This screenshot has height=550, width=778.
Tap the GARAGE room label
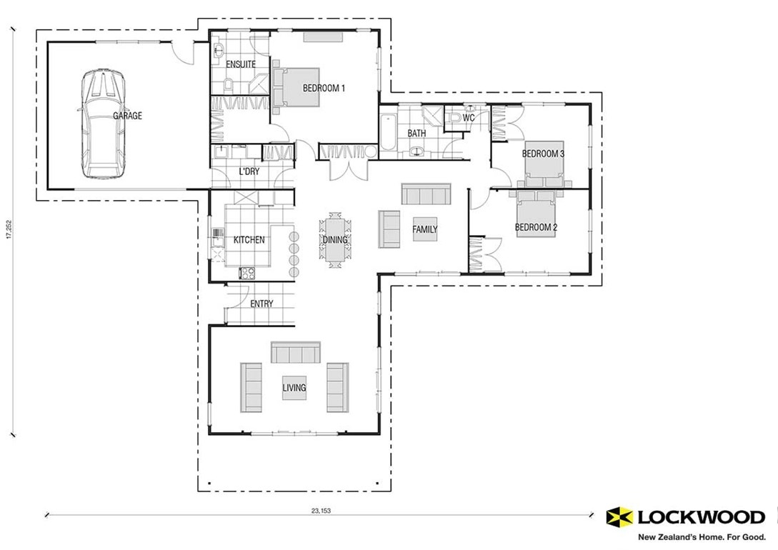(x=127, y=116)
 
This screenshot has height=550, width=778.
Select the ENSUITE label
(x=241, y=64)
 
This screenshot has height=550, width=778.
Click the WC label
(x=469, y=117)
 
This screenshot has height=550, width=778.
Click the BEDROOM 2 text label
(x=536, y=228)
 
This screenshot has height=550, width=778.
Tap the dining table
(x=334, y=240)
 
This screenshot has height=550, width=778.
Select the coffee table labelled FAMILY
(x=424, y=229)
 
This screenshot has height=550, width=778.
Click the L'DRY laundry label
(x=249, y=171)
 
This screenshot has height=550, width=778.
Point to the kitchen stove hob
(x=247, y=272)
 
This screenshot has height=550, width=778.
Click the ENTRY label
(x=261, y=304)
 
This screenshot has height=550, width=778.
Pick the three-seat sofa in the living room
(x=294, y=352)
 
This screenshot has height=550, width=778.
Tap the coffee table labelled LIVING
(x=294, y=387)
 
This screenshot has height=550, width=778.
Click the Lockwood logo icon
(x=618, y=516)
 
